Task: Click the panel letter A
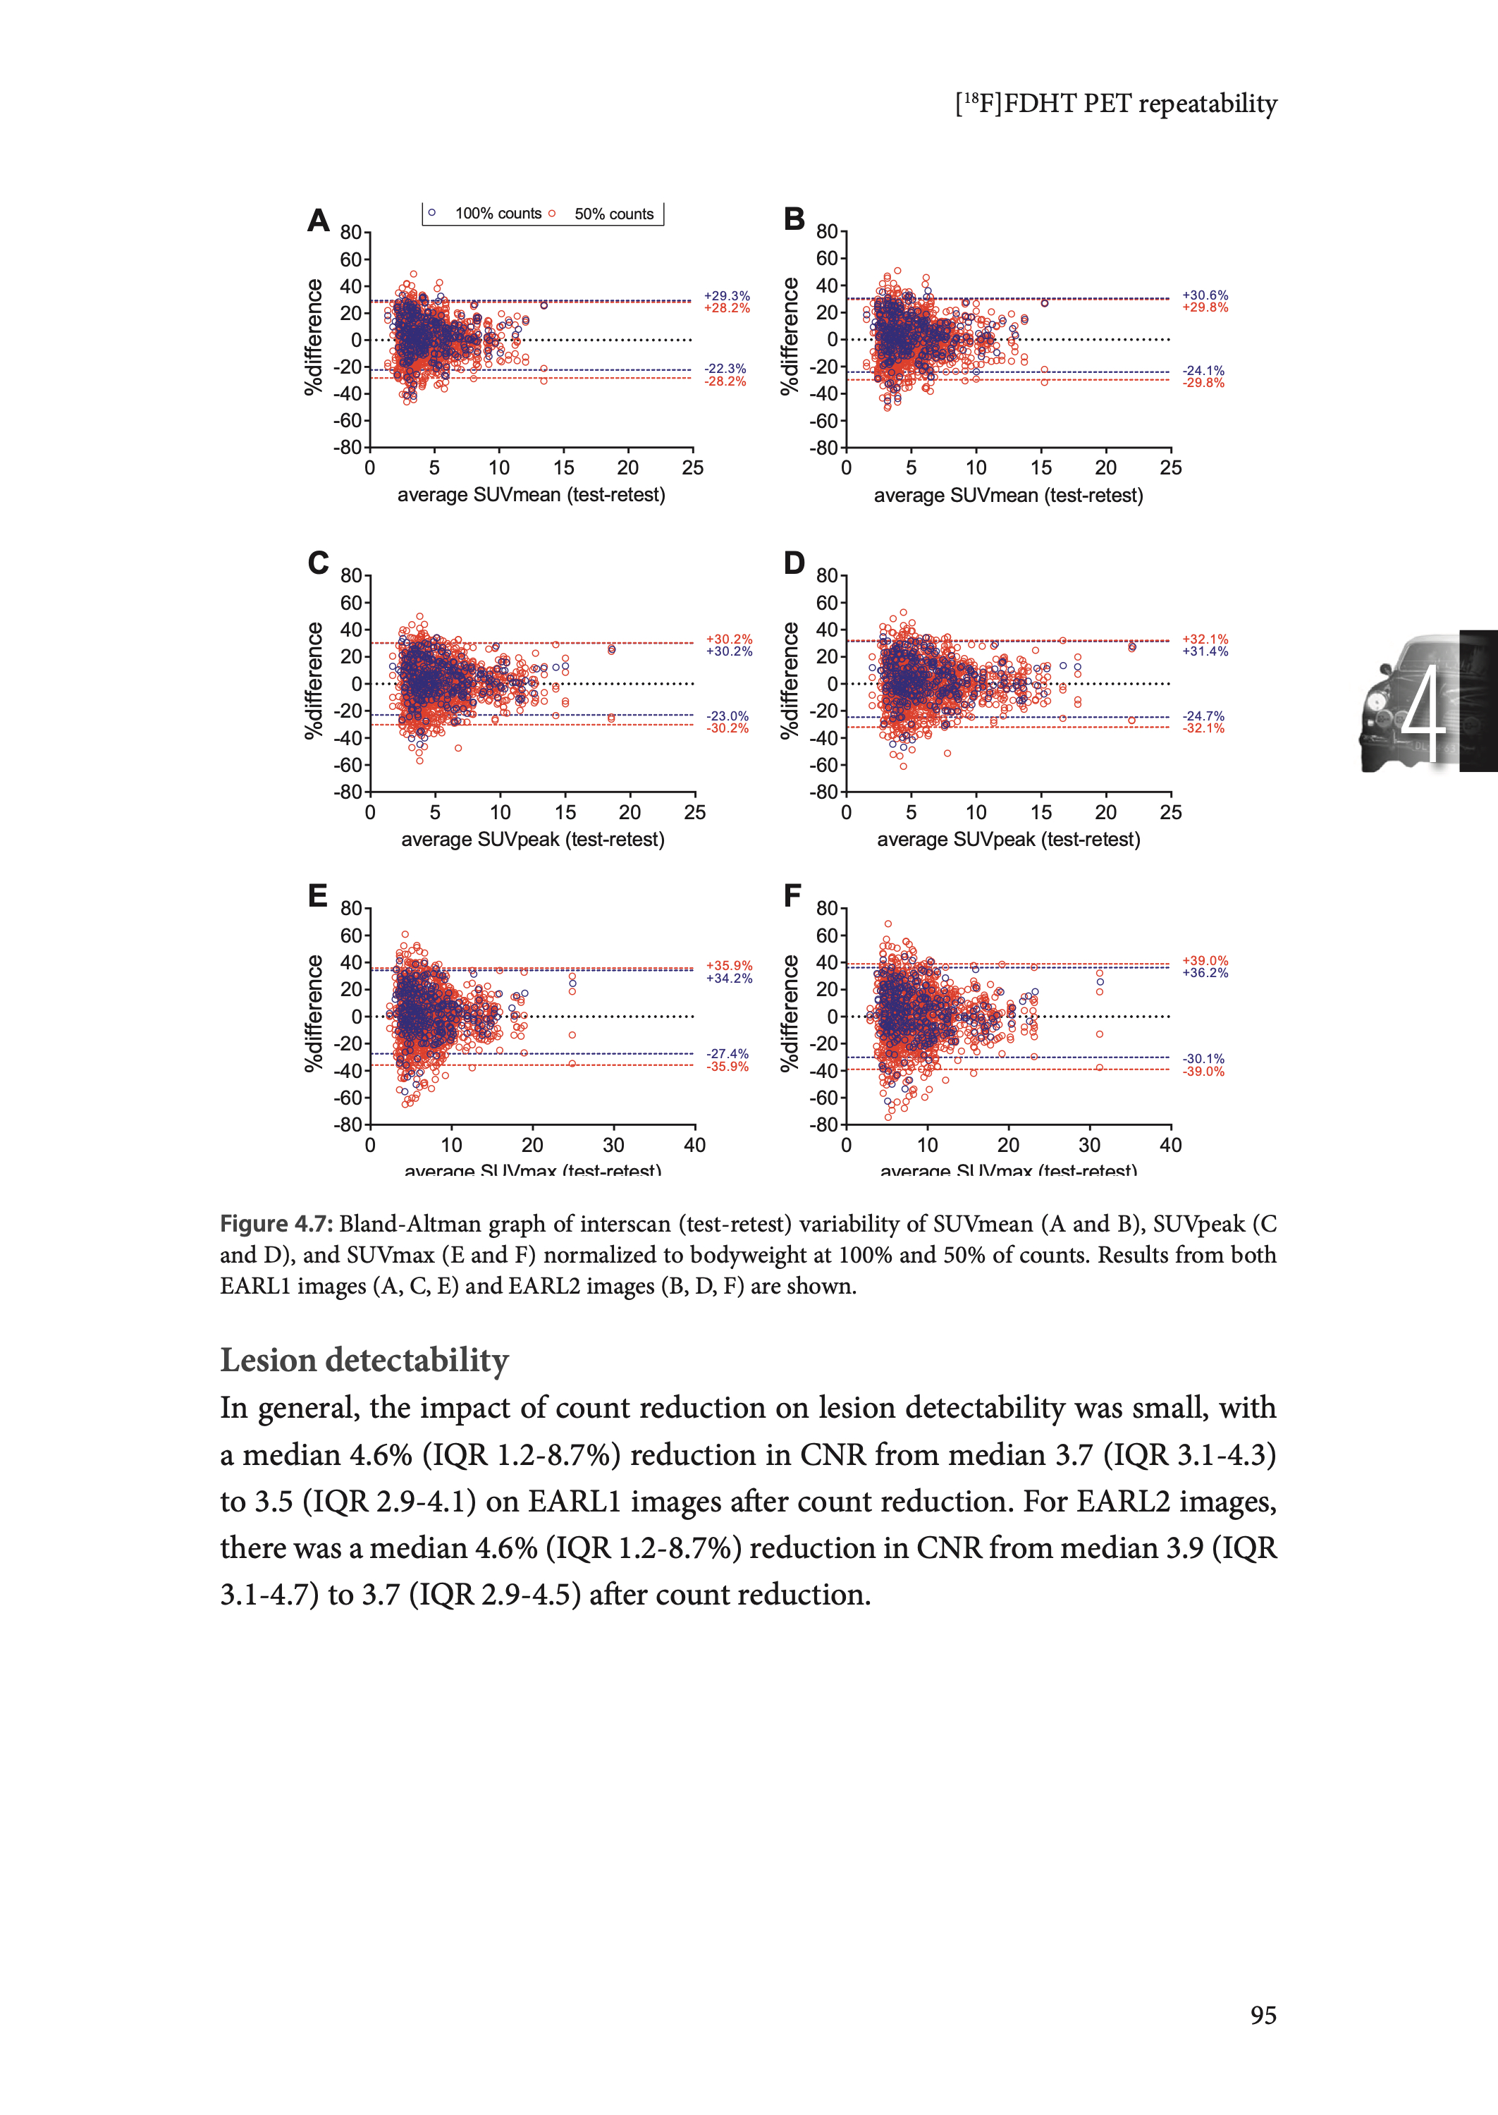point(318,221)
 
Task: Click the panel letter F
point(792,895)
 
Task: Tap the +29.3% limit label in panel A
point(727,296)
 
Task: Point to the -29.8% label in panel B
point(1204,383)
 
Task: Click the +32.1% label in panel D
point(1205,639)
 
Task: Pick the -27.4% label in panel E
point(727,1053)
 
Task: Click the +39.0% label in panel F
point(1205,960)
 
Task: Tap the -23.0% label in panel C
point(727,716)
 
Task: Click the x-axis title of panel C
point(532,840)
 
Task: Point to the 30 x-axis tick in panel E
point(613,1145)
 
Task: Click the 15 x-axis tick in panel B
point(1040,467)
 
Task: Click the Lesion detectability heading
point(364,1359)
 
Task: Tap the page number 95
point(1263,2016)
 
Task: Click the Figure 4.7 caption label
point(275,1224)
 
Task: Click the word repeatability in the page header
point(1208,104)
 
